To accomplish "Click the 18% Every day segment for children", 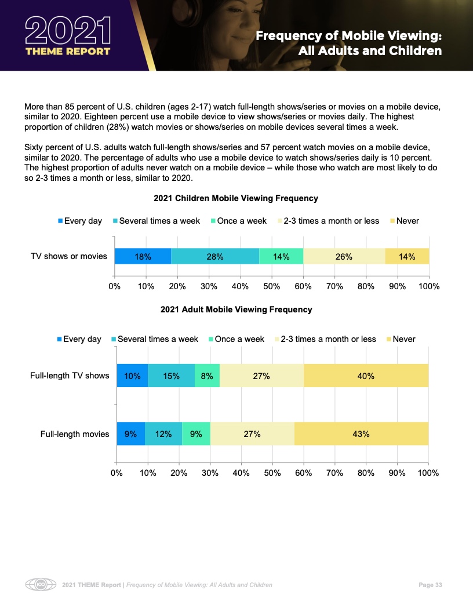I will pos(143,256).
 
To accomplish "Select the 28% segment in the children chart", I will pos(215,256).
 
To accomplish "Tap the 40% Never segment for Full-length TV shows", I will pos(366,376).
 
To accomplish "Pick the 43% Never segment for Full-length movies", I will pos(361,434).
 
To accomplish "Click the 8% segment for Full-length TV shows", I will pos(207,376).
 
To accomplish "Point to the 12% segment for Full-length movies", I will pos(163,434).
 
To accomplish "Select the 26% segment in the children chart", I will pos(344,256).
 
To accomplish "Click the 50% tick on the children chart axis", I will pos(272,286).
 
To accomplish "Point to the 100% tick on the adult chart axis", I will pos(428,473).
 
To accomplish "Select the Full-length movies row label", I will pos(75,434).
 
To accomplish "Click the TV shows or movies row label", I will pos(69,256).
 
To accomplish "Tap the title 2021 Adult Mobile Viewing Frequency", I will pos(236,309).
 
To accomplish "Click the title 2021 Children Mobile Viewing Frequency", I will pos(236,198).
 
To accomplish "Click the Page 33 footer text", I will pos(430,585).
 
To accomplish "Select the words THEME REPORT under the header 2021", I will pos(67,51).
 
